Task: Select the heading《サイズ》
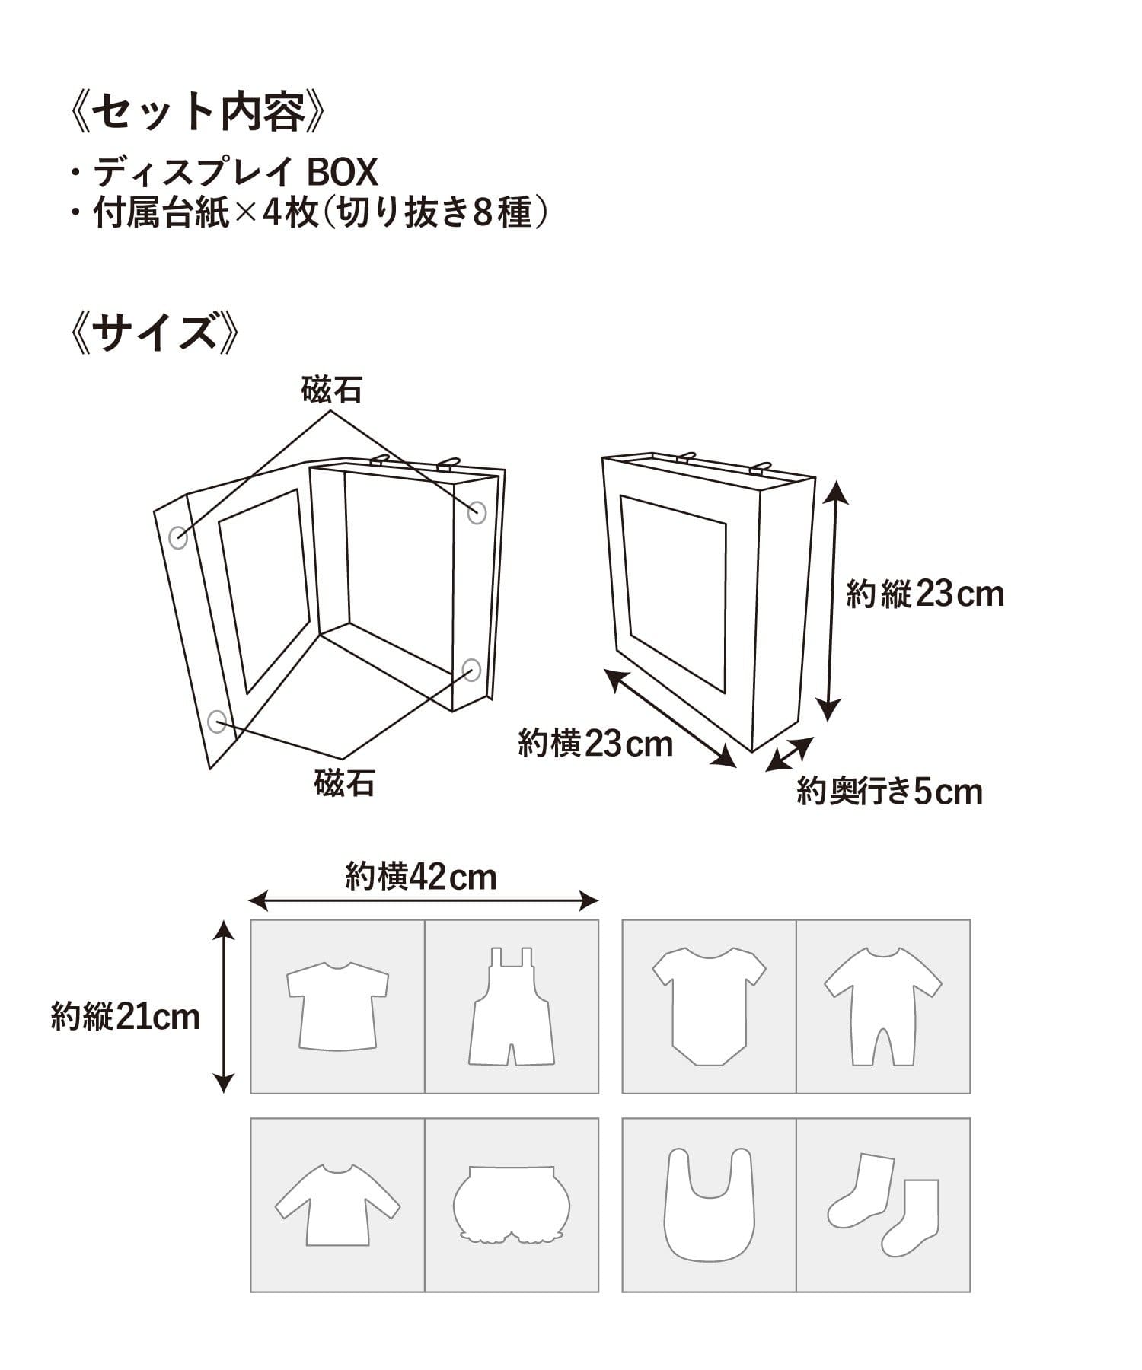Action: [x=155, y=333]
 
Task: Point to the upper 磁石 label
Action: [x=331, y=390]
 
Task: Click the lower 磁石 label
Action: [x=344, y=782]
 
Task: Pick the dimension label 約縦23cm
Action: [x=925, y=593]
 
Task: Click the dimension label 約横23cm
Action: [x=595, y=742]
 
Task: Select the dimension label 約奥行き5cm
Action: [x=890, y=792]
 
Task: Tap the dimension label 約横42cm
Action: [x=421, y=876]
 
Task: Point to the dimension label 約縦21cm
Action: [x=126, y=1016]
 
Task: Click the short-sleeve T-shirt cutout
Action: [x=337, y=1006]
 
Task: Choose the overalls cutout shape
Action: [x=511, y=1006]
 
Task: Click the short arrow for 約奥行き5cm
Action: [x=790, y=754]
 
